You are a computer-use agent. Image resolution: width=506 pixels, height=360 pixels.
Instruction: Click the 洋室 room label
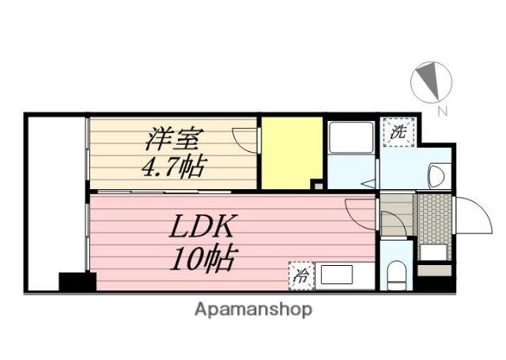(x=174, y=139)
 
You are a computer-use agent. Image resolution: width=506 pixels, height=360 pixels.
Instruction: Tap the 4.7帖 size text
(x=173, y=167)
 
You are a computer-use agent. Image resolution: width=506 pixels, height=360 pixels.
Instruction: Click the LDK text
(x=201, y=226)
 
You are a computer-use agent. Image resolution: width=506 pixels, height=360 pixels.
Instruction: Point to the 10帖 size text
(x=202, y=259)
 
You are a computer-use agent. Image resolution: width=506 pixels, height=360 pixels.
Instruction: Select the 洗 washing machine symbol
(x=398, y=132)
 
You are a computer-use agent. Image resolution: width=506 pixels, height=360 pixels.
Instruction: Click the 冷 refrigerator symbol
(x=301, y=275)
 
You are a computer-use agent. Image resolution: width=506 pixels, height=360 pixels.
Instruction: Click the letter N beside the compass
(x=443, y=112)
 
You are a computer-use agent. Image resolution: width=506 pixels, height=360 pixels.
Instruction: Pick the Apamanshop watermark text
(x=253, y=310)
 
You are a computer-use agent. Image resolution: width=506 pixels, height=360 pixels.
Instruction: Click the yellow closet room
(x=292, y=153)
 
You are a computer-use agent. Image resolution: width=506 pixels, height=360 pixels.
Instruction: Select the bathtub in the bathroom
(x=351, y=137)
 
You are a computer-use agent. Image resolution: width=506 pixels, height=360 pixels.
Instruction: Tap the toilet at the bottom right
(x=397, y=275)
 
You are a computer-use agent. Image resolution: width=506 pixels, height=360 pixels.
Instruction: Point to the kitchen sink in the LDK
(x=336, y=274)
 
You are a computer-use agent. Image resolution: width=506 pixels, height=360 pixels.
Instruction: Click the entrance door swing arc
(x=474, y=215)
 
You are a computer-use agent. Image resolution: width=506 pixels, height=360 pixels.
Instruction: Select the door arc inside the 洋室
(x=245, y=141)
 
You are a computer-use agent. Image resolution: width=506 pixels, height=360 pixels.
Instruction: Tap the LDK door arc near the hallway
(x=361, y=214)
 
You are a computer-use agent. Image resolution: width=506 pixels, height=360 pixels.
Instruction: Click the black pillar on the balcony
(x=77, y=282)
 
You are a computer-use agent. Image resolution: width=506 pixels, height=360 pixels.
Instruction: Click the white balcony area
(x=56, y=195)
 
